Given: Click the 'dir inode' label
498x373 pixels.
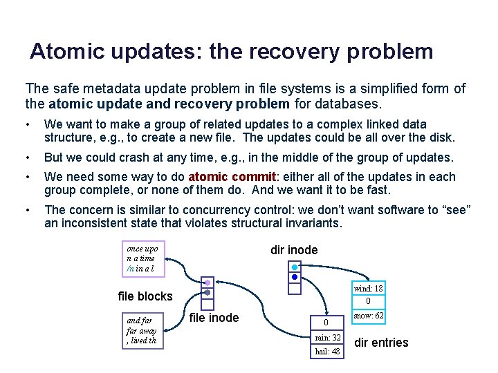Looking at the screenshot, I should [x=294, y=250].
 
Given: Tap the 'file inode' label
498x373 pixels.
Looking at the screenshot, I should [x=214, y=318].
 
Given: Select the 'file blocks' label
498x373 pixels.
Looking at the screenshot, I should [x=145, y=296].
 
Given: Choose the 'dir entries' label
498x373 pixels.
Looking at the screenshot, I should [x=381, y=343].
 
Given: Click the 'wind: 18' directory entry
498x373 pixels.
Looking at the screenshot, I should [x=368, y=289].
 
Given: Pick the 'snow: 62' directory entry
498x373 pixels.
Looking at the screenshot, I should [x=369, y=316].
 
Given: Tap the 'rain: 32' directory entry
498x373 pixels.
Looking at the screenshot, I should [x=327, y=338].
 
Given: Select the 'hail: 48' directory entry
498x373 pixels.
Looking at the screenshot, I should [x=327, y=352].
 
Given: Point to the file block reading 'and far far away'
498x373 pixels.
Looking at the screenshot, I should [x=143, y=330].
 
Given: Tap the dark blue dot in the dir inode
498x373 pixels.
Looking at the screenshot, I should [x=295, y=277].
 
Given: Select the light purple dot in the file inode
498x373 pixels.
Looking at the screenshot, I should [x=207, y=282].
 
